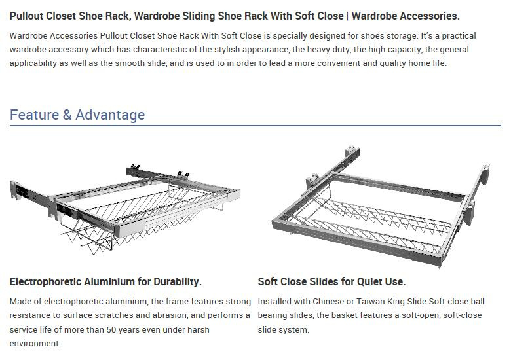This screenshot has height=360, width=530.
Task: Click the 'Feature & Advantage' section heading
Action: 77,115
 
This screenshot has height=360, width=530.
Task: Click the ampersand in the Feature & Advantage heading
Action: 67,115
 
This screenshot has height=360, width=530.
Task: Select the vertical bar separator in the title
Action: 347,16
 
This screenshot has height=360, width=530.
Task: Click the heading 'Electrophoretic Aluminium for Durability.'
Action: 105,281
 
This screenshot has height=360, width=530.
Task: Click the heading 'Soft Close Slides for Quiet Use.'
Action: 331,281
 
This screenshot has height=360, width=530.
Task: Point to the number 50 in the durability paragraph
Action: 111,329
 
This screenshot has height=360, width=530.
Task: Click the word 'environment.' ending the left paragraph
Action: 35,344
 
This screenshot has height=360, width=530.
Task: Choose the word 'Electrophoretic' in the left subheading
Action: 45,281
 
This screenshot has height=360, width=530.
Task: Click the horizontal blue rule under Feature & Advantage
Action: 256,126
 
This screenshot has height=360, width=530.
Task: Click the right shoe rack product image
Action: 381,207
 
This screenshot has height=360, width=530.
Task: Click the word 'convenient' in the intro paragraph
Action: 338,63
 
